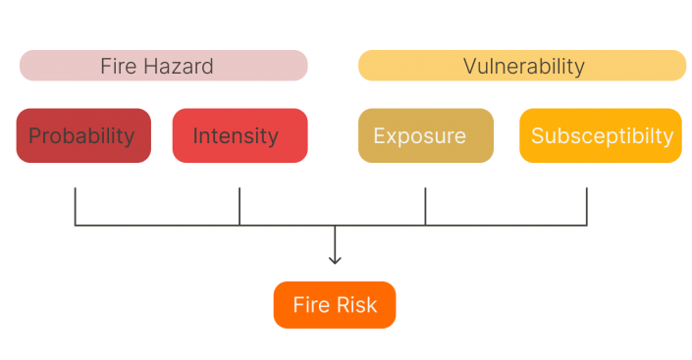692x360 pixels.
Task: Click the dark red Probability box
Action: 83,135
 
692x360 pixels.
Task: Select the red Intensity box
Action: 240,135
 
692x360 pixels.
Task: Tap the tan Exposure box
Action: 425,135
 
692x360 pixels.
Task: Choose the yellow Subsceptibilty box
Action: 601,135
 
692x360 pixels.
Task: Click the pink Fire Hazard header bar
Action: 163,66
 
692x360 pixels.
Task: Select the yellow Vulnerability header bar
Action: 522,66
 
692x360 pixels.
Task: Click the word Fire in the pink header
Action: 117,66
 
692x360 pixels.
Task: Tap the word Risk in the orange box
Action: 357,305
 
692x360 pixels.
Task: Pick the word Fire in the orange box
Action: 310,305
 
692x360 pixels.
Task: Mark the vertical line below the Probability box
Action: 76,206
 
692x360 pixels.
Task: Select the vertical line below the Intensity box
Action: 240,206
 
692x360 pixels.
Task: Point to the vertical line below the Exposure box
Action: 425,206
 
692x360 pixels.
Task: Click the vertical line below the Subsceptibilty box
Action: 587,206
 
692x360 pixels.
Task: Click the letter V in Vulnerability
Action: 469,67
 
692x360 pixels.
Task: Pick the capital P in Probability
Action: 34,135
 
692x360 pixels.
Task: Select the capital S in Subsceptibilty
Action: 538,135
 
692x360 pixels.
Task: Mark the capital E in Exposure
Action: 379,135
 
